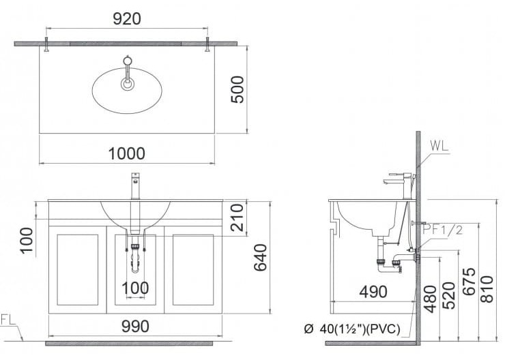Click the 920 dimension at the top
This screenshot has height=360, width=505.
point(126,18)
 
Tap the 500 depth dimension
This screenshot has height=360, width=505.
point(237,89)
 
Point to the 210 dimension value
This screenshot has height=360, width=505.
point(237,217)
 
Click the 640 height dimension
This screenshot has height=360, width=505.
point(260,257)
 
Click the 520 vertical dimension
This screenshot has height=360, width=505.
point(449,295)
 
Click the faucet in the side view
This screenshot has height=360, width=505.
point(397,183)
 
